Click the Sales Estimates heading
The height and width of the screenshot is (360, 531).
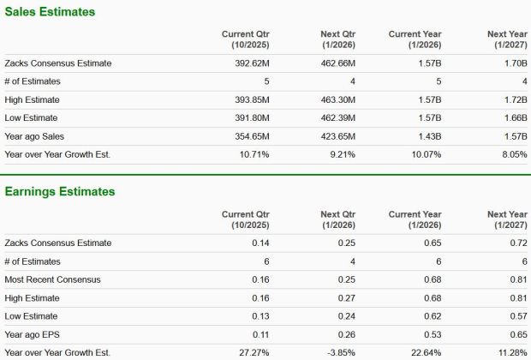(50, 12)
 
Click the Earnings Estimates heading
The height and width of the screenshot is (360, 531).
(60, 191)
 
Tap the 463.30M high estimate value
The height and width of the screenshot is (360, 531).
(337, 100)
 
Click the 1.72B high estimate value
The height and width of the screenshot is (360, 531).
(512, 100)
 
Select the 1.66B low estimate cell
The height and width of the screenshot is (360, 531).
(512, 118)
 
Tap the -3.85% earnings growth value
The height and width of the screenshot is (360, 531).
(339, 352)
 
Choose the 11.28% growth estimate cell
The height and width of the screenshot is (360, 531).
(509, 352)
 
